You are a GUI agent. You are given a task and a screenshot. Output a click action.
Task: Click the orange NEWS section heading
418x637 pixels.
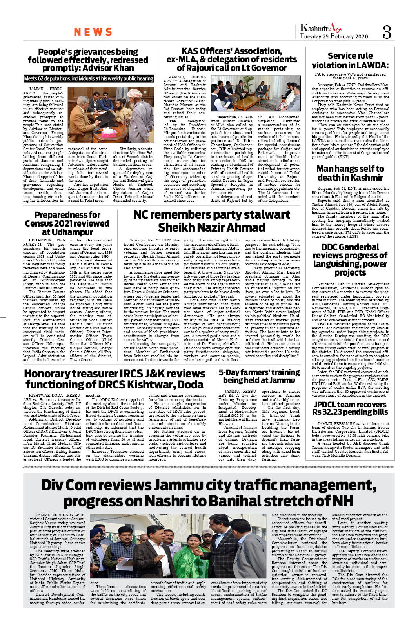[93, 32]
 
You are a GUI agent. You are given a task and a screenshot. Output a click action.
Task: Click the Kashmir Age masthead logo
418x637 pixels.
[320, 28]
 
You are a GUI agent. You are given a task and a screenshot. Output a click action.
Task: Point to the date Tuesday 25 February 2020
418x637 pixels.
[334, 36]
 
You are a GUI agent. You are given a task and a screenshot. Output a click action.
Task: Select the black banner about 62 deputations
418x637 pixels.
[89, 78]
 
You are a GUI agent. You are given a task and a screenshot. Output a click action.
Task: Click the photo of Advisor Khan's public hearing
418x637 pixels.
[111, 114]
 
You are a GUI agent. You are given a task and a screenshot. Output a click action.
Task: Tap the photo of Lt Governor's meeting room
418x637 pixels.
[255, 93]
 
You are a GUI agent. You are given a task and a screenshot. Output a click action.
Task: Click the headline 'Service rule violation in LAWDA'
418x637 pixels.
[350, 60]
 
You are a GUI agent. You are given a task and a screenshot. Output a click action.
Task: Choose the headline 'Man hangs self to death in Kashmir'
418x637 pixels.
[350, 173]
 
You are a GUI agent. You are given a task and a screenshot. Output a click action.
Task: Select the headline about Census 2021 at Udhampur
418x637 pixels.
[67, 223]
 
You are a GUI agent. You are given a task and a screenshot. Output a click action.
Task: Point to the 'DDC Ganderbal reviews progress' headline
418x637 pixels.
[350, 260]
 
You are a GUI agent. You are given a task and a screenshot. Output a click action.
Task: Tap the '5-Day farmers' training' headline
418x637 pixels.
[259, 376]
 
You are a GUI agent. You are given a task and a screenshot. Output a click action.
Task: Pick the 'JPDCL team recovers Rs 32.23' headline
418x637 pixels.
[350, 408]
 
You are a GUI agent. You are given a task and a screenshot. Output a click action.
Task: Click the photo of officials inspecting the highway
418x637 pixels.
[178, 546]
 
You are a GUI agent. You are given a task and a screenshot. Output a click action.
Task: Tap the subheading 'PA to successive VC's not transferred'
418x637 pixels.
[350, 76]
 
